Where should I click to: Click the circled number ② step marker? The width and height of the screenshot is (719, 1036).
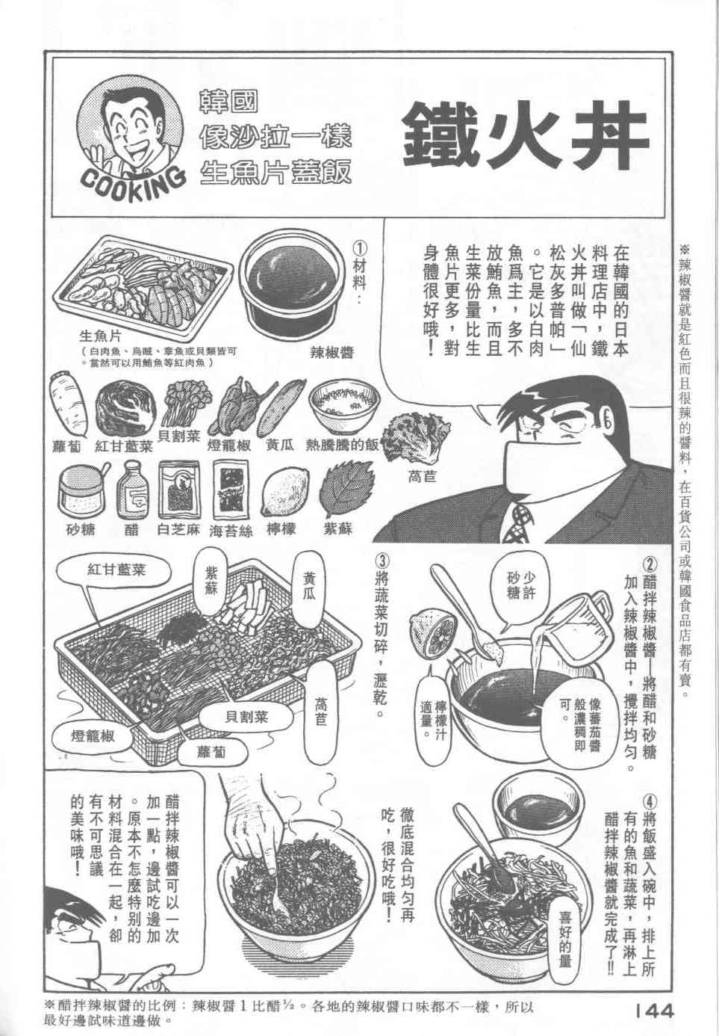click(649, 564)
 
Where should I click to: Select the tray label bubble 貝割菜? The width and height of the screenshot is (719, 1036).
click(247, 718)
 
